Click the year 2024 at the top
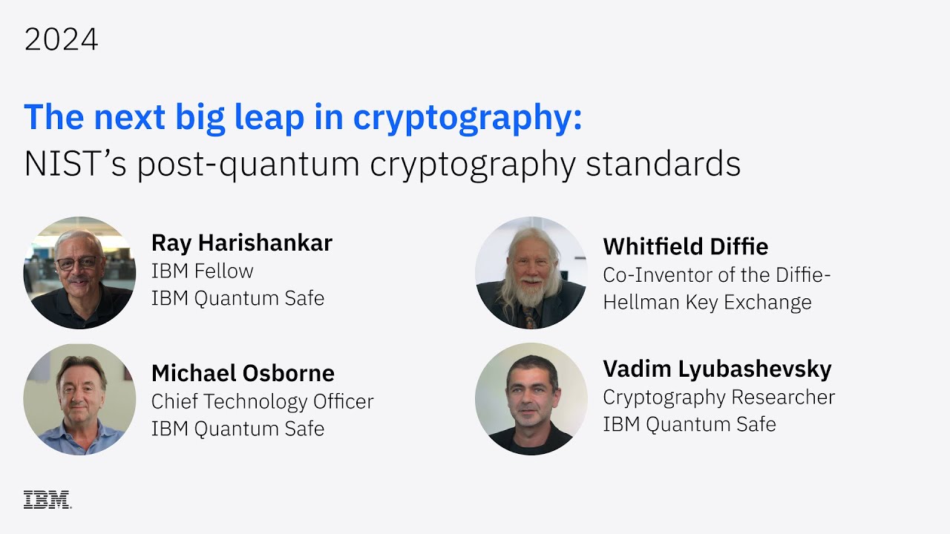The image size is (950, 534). tap(61, 40)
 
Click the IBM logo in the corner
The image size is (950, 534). tap(47, 499)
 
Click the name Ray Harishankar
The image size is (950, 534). tap(241, 243)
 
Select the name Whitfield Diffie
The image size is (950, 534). tap(685, 246)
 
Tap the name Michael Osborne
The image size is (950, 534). tap(243, 372)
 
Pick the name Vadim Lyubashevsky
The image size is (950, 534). tap(717, 369)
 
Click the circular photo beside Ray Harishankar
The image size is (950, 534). tap(79, 273)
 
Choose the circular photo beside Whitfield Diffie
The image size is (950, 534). tap(531, 273)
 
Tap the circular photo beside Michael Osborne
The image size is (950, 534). tap(79, 399)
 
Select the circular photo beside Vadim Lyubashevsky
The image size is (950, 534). tap(531, 399)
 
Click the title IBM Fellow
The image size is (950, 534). tap(202, 271)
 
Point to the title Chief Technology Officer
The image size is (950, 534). tap(262, 401)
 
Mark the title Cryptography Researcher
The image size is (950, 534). tap(718, 397)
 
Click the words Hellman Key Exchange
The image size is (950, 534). tap(707, 302)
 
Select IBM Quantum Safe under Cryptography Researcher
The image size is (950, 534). tap(689, 424)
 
